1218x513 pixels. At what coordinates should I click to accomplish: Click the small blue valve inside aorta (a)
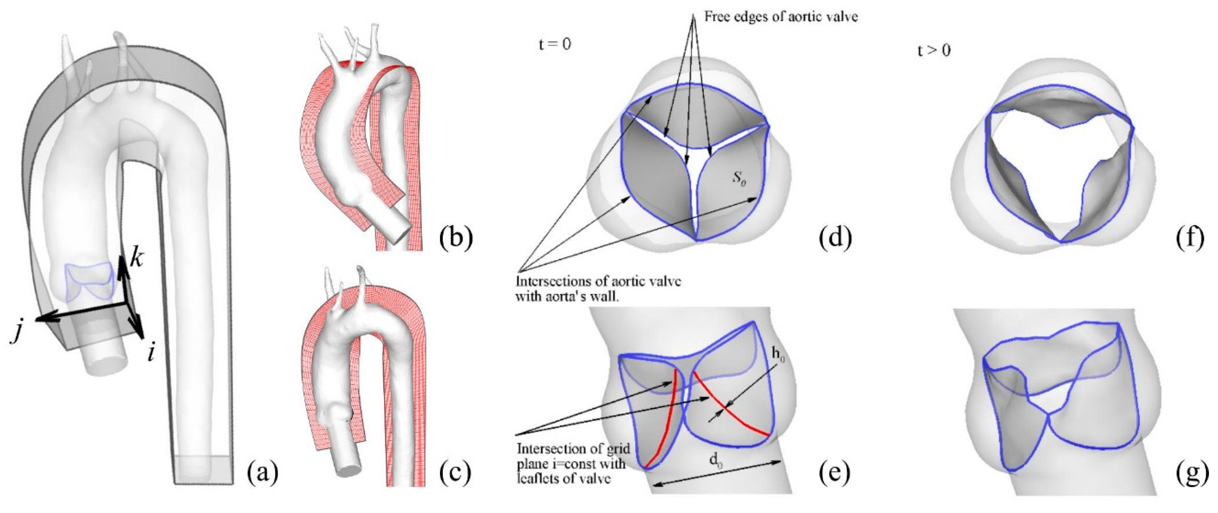tap(89, 283)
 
